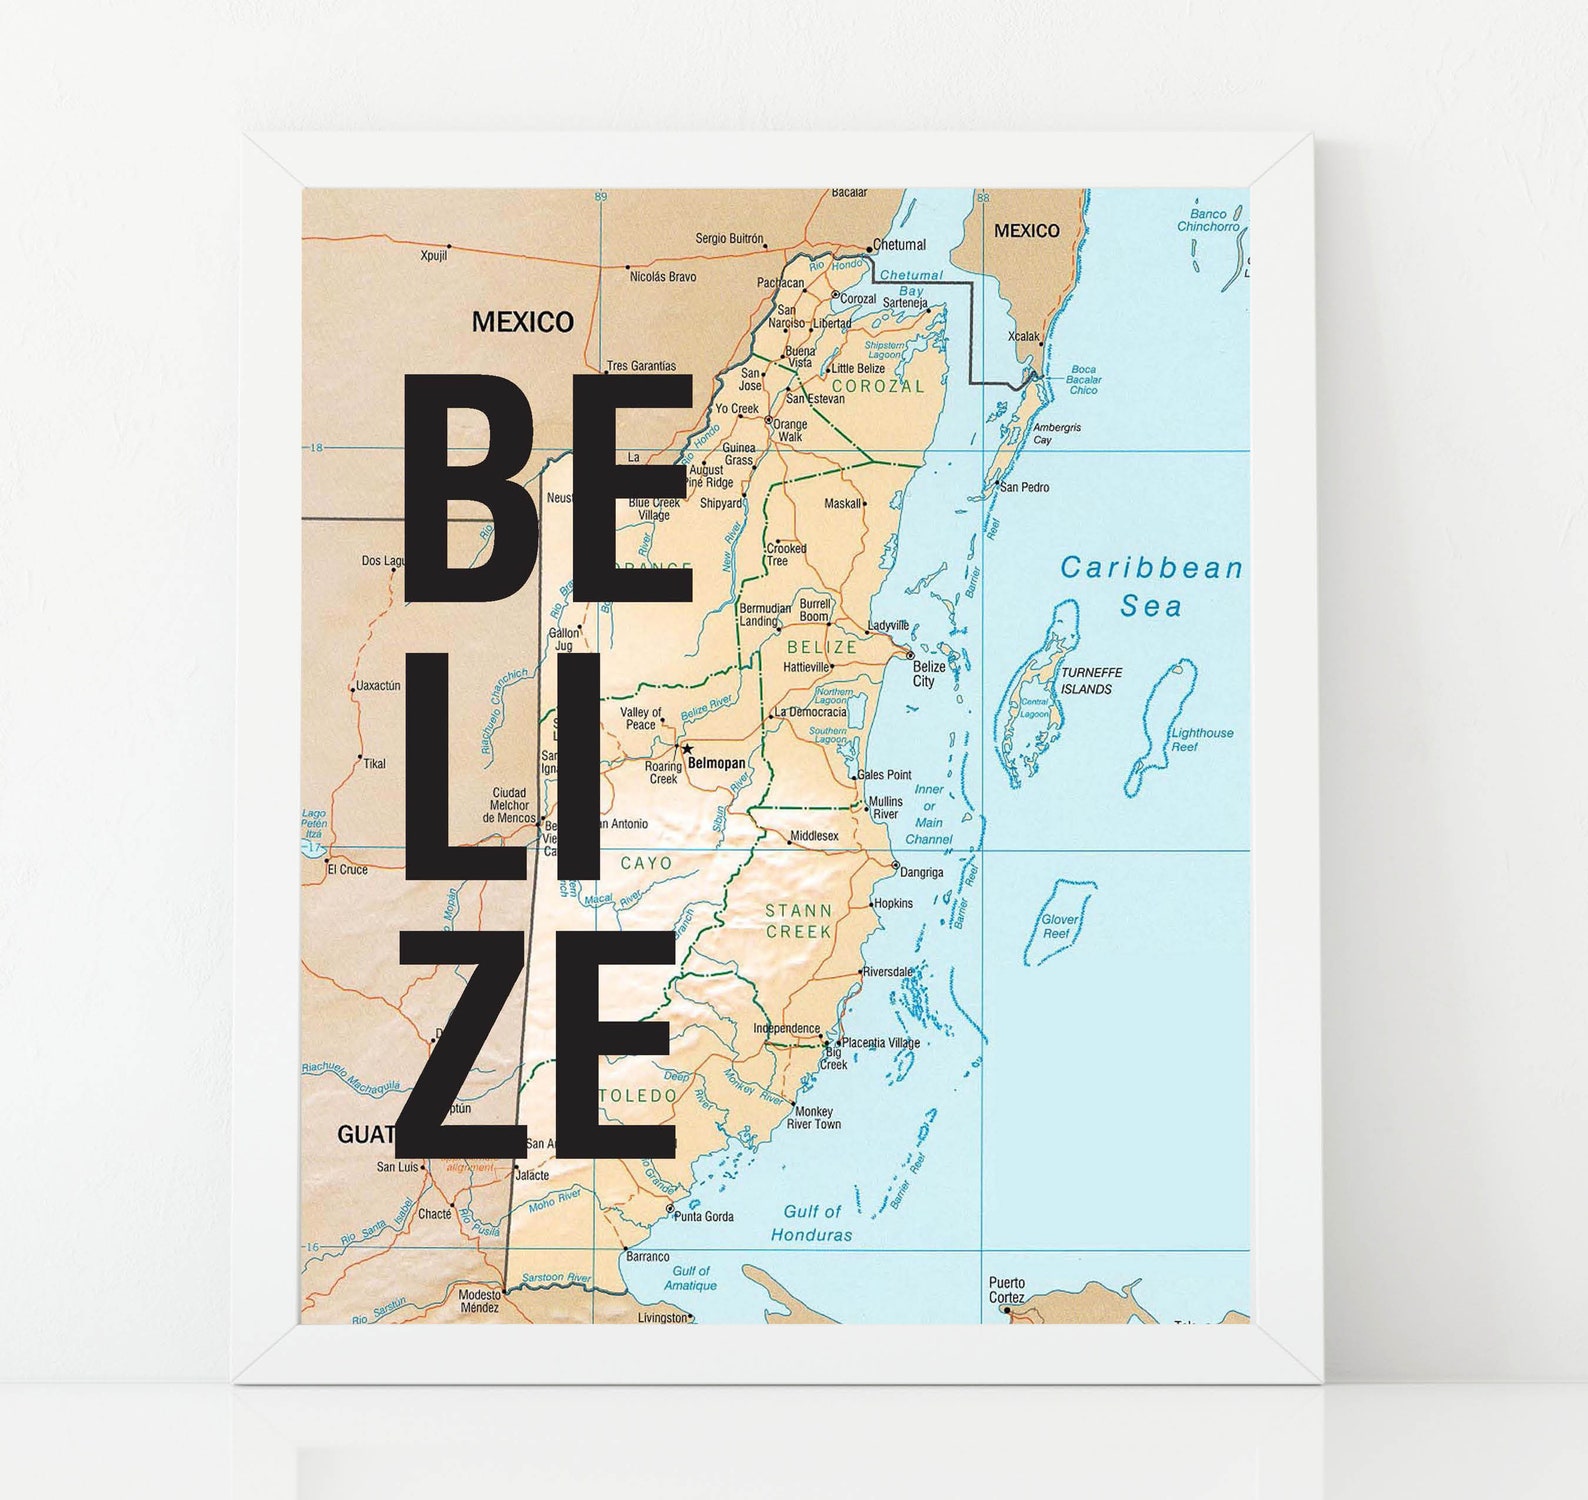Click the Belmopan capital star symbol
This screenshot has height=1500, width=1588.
click(687, 748)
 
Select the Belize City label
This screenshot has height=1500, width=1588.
click(929, 674)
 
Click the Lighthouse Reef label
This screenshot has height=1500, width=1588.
click(1201, 739)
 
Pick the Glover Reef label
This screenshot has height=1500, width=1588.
click(1058, 926)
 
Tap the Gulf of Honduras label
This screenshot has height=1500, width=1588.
click(811, 1223)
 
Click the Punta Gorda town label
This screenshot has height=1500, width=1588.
click(704, 1217)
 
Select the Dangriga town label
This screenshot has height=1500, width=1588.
click(921, 872)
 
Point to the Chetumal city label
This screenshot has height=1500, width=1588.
click(899, 245)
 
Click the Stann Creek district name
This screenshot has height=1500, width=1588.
click(798, 921)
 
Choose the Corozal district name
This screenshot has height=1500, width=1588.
click(878, 386)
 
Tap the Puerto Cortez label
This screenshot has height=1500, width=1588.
click(1007, 1290)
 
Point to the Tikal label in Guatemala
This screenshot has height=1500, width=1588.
click(374, 764)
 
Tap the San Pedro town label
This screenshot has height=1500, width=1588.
click(1025, 487)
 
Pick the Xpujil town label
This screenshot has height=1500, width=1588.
click(434, 256)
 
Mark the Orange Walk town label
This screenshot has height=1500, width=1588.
click(790, 430)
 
